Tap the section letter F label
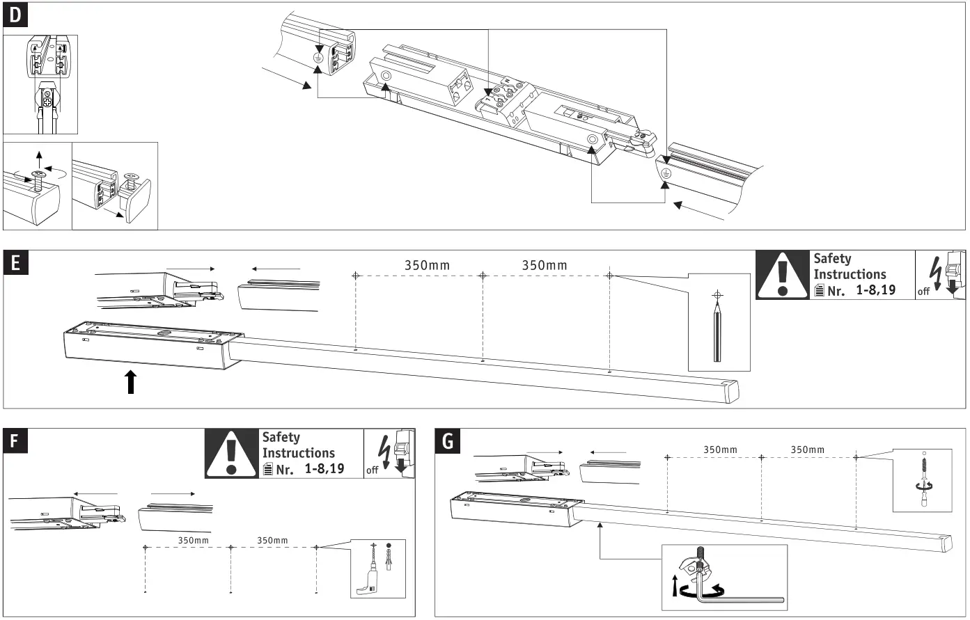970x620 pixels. point(15,442)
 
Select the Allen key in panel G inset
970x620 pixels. point(738,596)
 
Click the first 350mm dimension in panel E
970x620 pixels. point(427,265)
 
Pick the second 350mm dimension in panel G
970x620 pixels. point(807,450)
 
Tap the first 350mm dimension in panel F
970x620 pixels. point(193,540)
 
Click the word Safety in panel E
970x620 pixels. point(832,259)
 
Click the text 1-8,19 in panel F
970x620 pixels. point(324,468)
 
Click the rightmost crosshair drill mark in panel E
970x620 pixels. point(610,276)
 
